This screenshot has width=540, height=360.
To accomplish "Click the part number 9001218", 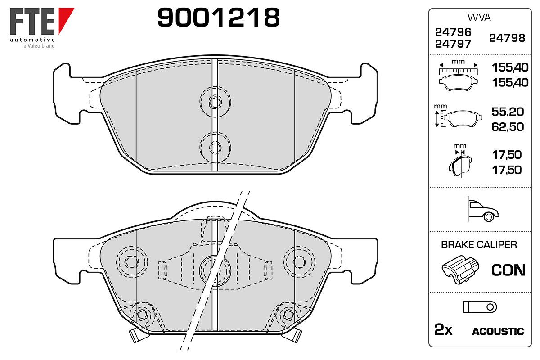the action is tap(218, 17).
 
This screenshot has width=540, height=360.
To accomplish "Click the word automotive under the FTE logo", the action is tap(32, 40).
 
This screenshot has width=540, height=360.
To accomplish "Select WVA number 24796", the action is tap(453, 32).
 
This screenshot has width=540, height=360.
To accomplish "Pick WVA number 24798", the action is tap(507, 38).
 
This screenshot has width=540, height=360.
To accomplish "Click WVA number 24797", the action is tap(453, 44).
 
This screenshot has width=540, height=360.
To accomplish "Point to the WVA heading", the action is tap(479, 18).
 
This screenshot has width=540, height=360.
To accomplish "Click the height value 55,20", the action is tap(508, 112).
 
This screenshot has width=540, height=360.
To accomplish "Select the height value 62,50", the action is tap(508, 127).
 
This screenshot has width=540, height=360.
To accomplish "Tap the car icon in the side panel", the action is tap(483, 209).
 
